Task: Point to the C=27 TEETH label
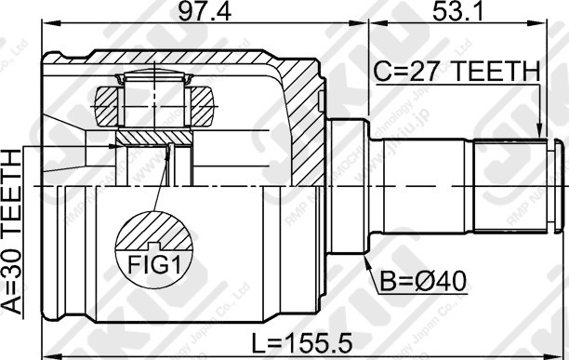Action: tap(457, 71)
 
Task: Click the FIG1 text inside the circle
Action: tap(153, 264)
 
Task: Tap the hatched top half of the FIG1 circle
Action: tap(153, 232)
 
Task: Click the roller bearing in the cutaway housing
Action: tap(154, 96)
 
